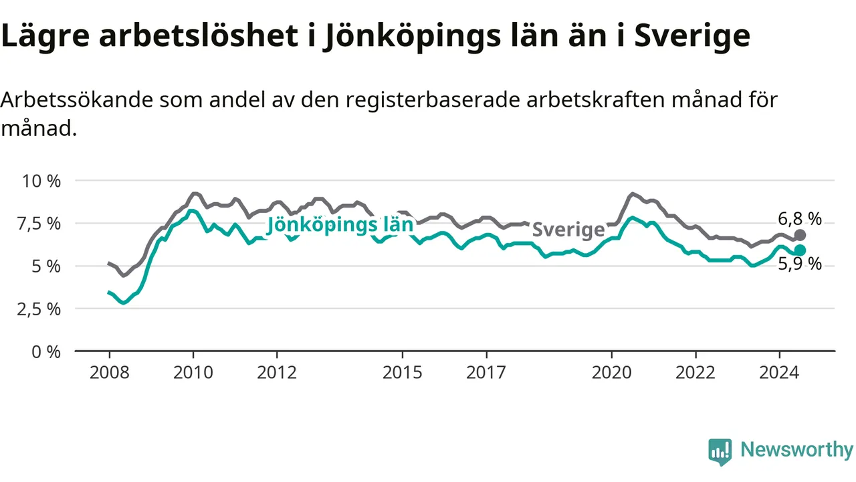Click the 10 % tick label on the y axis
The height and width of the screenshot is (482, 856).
click(x=41, y=181)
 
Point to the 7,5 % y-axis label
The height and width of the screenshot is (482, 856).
click(x=39, y=224)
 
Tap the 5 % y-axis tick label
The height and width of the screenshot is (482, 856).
click(x=46, y=266)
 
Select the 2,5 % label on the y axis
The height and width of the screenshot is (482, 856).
click(x=39, y=309)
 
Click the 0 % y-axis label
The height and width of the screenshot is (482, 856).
click(x=46, y=352)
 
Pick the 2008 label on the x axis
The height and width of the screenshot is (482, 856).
click(x=109, y=373)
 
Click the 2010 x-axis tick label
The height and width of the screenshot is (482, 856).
click(x=193, y=373)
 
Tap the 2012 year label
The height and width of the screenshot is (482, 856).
click(x=277, y=373)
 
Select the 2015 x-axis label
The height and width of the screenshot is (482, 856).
click(x=403, y=373)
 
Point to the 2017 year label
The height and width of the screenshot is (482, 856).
click(x=486, y=373)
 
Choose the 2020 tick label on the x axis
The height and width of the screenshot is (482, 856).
click(x=612, y=373)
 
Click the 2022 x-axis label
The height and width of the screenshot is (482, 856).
click(x=695, y=373)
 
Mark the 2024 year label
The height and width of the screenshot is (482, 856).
click(x=779, y=373)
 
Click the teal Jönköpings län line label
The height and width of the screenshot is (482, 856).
click(x=340, y=225)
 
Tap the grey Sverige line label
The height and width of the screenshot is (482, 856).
click(x=568, y=230)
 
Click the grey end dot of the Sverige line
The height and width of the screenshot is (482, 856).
click(x=800, y=235)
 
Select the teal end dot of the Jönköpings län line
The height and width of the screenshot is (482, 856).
click(x=800, y=250)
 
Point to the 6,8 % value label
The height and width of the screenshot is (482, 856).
click(x=799, y=219)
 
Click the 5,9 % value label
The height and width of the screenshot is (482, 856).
click(x=799, y=264)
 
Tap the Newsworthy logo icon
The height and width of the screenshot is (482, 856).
click(x=720, y=451)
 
